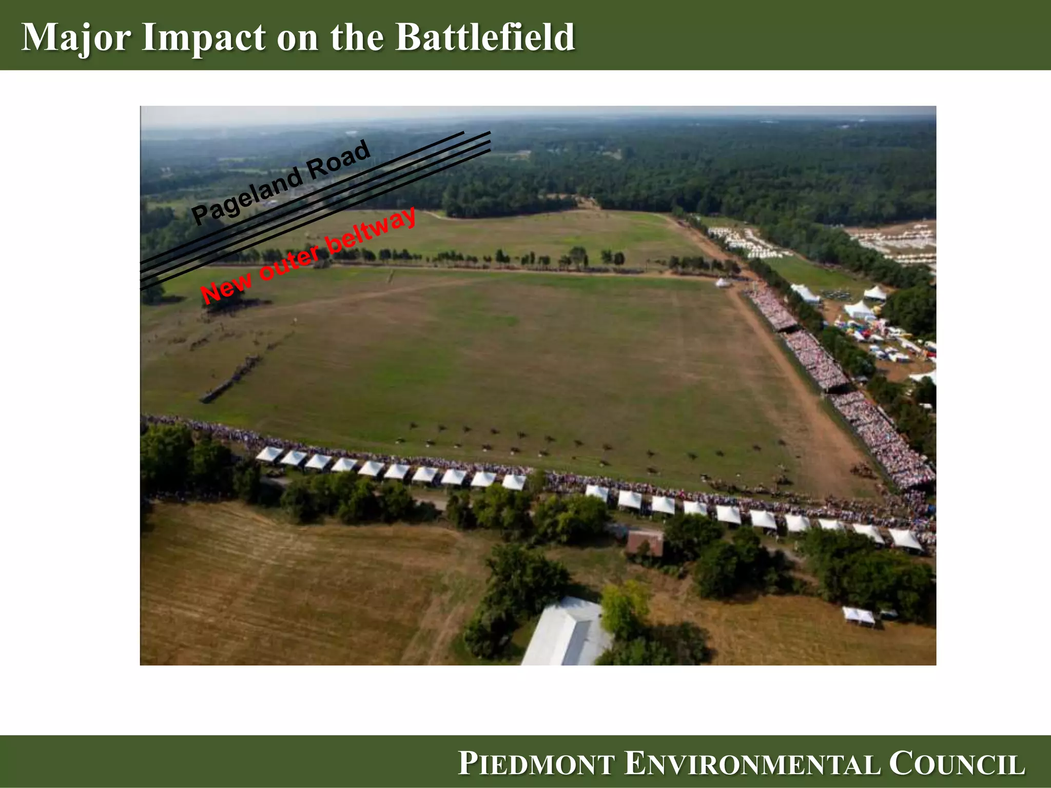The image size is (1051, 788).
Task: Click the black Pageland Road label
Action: tap(280, 183)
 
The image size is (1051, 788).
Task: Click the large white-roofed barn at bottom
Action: tap(567, 634)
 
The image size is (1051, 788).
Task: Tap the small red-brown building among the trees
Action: tap(645, 543)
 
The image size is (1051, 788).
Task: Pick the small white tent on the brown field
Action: tap(859, 615)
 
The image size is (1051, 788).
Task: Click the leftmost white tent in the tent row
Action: tap(269, 454)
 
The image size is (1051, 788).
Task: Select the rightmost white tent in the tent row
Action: tap(905, 539)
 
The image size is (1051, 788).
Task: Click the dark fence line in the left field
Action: tap(231, 377)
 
